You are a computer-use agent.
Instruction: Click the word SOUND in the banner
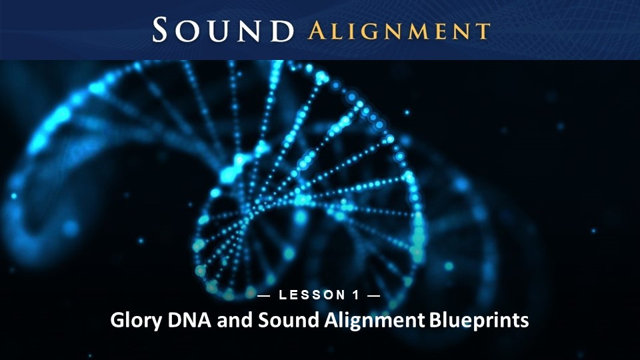(x=223, y=30)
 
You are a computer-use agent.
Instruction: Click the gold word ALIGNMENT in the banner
(x=399, y=31)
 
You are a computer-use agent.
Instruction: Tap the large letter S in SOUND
(x=161, y=29)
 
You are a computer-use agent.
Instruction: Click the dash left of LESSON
(x=264, y=295)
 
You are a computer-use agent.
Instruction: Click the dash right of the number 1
(x=374, y=295)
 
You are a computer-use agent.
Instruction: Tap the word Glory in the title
(x=136, y=321)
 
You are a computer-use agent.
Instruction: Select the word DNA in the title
(x=189, y=320)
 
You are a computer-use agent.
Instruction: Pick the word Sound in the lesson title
(x=289, y=320)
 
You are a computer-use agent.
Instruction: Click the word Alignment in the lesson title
(x=375, y=321)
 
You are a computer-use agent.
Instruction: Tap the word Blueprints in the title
(x=479, y=321)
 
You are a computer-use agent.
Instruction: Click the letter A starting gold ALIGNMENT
(x=316, y=31)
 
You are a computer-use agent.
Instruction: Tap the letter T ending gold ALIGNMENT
(x=483, y=32)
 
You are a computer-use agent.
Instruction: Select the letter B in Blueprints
(x=435, y=320)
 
